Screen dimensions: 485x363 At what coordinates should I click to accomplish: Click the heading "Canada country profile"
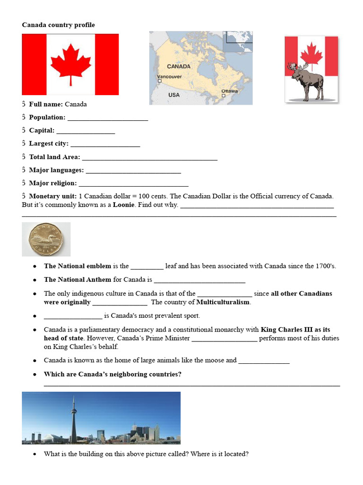tap(58, 25)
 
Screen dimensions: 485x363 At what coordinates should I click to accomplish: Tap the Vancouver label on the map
tap(170, 77)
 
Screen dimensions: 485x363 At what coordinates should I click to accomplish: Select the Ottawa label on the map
tap(230, 90)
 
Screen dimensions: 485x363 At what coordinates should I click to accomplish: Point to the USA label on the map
tap(174, 95)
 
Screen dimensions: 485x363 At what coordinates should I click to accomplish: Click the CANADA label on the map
tap(179, 66)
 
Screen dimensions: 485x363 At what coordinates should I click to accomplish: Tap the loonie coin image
tap(46, 239)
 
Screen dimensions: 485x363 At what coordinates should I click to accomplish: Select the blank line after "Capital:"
tap(86, 131)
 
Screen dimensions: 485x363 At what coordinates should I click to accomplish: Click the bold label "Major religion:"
tap(52, 183)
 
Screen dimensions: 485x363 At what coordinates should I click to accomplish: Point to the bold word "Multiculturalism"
tap(224, 302)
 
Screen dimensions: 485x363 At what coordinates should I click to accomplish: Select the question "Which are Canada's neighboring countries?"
tap(112, 374)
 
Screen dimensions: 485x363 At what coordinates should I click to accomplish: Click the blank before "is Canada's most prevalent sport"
tap(73, 316)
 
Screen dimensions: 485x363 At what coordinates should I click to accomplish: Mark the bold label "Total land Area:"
tap(54, 157)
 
